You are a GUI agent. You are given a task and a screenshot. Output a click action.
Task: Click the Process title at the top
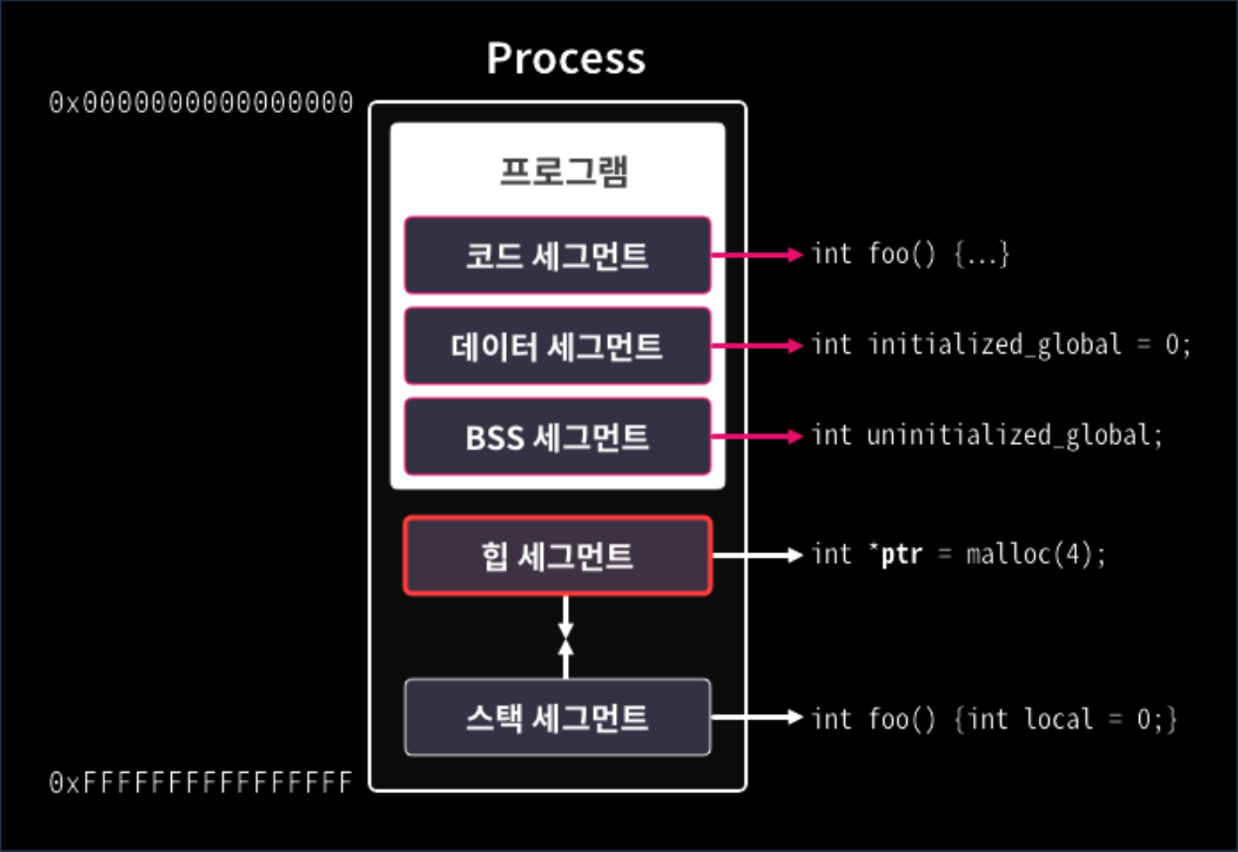[x=566, y=58]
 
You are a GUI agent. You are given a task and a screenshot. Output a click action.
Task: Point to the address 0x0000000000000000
[x=201, y=103]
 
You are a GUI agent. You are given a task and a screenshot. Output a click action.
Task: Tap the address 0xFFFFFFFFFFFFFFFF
[x=201, y=782]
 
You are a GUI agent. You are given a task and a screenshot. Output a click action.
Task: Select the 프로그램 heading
[x=564, y=171]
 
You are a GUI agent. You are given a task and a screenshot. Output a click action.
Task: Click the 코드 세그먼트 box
[x=557, y=255]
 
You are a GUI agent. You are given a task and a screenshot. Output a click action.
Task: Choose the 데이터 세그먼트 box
[x=557, y=346]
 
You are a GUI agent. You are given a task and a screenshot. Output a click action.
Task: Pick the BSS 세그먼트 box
[x=557, y=437]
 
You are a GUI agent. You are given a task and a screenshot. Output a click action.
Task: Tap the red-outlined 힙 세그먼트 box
[x=557, y=555]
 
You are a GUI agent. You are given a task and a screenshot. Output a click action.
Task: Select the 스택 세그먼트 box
[x=557, y=717]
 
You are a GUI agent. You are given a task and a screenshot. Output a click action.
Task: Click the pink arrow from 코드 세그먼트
[x=756, y=254]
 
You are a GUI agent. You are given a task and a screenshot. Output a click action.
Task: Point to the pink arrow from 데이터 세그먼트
[x=756, y=345]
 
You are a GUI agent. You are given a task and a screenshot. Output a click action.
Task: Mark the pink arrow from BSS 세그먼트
[x=756, y=436]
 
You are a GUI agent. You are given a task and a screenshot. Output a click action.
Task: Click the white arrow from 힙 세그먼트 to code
[x=756, y=555]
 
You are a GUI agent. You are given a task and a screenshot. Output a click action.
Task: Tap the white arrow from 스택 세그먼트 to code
[x=756, y=717]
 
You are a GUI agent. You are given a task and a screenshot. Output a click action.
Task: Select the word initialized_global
[x=994, y=345]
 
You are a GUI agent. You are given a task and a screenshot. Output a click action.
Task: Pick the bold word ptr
[x=901, y=555]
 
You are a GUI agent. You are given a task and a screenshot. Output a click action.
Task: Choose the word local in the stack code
[x=1058, y=719]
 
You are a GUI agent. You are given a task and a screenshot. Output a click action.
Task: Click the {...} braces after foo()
[x=981, y=254]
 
